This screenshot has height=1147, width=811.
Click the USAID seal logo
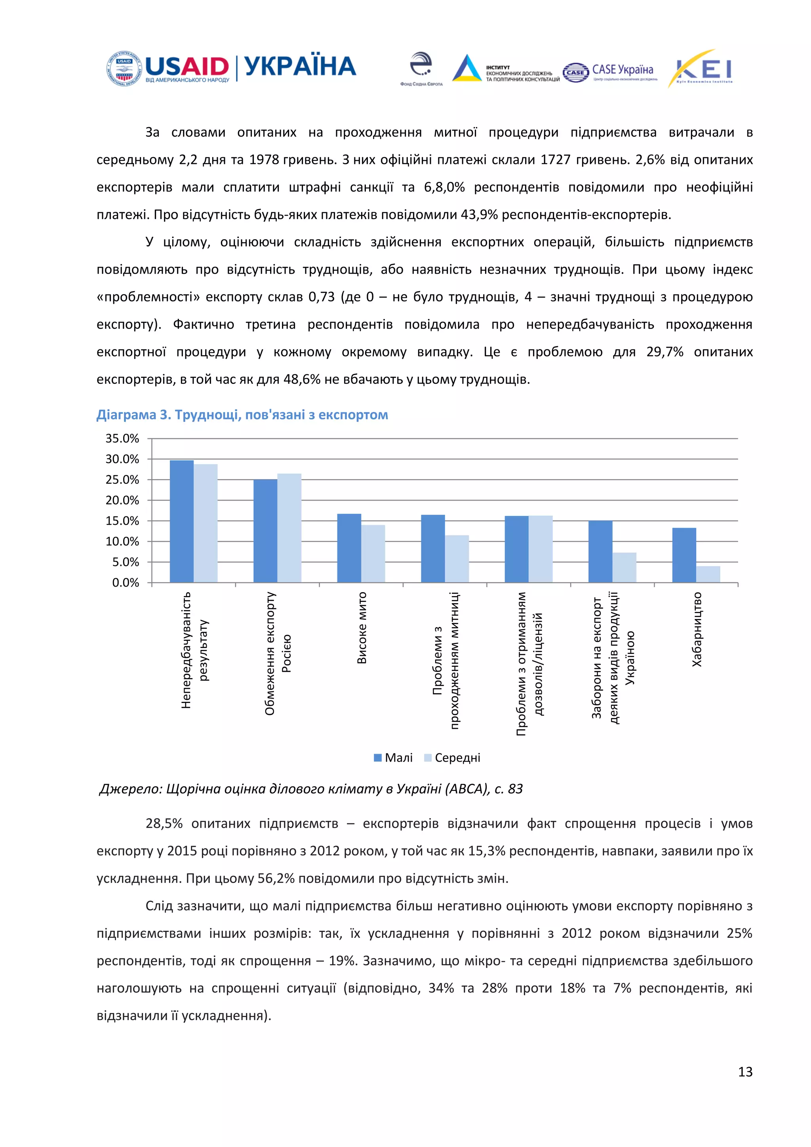pos(124,69)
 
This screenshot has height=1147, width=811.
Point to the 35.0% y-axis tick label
pos(122,438)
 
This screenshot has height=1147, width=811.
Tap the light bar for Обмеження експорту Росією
pos(289,528)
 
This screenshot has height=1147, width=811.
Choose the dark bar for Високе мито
pos(349,548)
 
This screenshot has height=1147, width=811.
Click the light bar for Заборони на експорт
pos(624,568)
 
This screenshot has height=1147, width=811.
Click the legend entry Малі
pos(394,757)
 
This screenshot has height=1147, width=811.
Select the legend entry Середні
pos(453,757)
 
